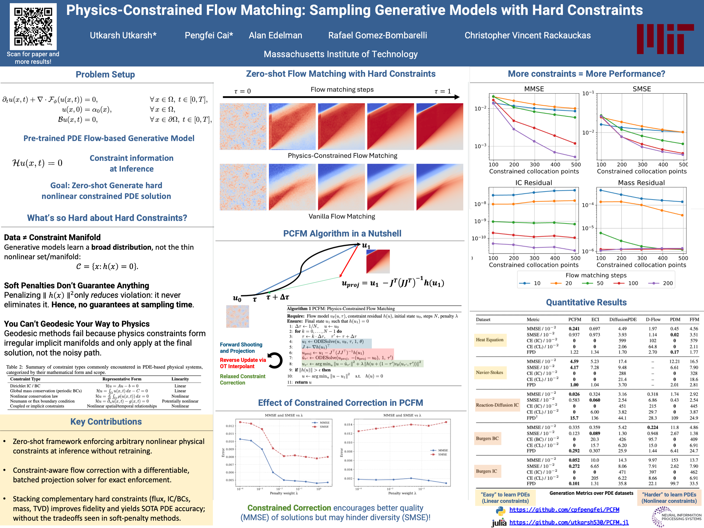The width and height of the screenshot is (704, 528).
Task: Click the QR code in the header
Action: [x=33, y=26]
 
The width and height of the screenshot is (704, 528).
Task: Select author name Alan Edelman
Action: [x=275, y=35]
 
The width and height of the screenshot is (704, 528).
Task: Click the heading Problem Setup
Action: [x=105, y=75]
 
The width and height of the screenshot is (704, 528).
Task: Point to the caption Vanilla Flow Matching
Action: [x=341, y=216]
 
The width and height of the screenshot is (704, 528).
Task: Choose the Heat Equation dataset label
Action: [x=489, y=340]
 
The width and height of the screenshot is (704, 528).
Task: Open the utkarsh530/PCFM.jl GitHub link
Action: [x=569, y=522]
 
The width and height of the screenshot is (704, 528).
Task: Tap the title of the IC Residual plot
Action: [x=533, y=183]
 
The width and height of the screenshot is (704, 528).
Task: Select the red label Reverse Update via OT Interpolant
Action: [x=242, y=363]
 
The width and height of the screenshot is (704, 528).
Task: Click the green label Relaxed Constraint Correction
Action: [x=242, y=379]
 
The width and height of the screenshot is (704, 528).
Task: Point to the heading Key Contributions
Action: [x=106, y=422]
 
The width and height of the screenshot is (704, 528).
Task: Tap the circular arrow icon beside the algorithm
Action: [x=275, y=361]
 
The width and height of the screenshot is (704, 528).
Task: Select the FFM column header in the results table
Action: [x=694, y=319]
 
